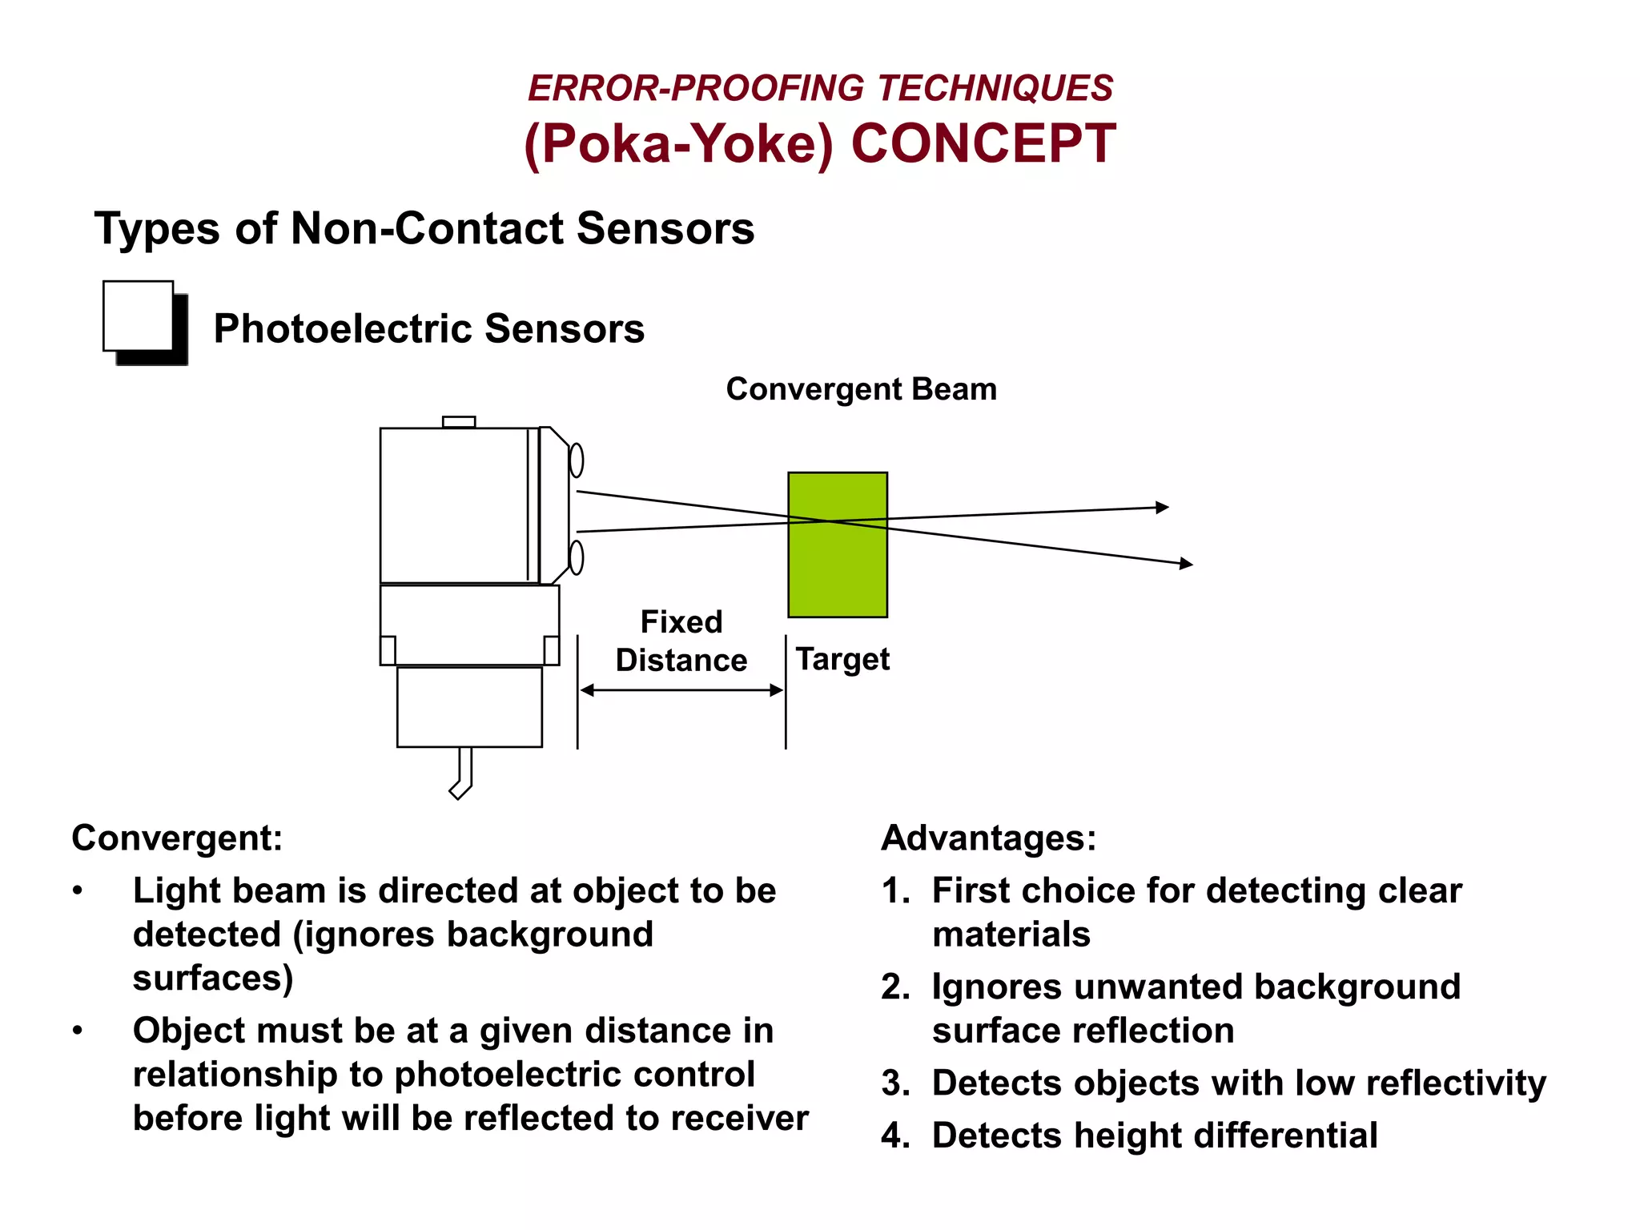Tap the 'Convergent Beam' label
[861, 389]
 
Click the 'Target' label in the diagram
[842, 659]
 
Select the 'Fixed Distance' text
[681, 641]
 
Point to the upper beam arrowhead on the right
[1163, 507]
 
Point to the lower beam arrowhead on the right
[1187, 564]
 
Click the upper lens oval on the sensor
[576, 460]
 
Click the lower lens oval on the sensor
[576, 557]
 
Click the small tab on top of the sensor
[459, 422]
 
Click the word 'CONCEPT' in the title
[983, 144]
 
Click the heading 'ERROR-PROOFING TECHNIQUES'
[820, 88]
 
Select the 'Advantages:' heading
[988, 838]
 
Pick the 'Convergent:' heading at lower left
[177, 838]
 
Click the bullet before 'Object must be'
[78, 1031]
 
